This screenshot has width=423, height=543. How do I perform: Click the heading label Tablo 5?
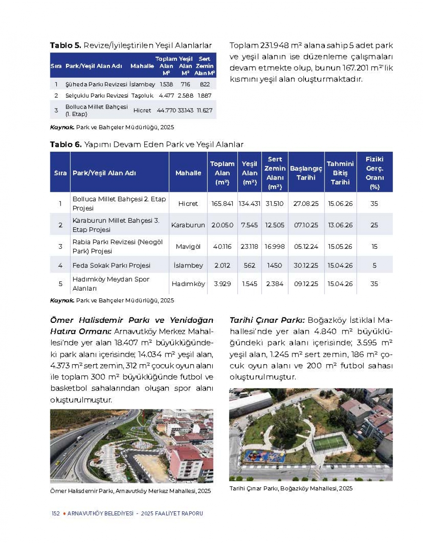(x=65, y=46)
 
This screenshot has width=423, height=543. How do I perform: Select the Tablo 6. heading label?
(x=66, y=145)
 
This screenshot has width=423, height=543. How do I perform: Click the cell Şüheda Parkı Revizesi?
(x=96, y=84)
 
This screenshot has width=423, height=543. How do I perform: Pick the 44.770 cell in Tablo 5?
(x=166, y=110)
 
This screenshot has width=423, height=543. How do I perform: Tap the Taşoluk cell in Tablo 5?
(x=142, y=96)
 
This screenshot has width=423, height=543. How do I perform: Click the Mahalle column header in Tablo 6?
(x=188, y=173)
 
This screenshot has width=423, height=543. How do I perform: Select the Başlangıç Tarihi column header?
(x=306, y=173)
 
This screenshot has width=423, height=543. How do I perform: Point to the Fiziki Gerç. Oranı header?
(x=374, y=172)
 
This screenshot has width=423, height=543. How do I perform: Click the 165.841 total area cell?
(x=222, y=204)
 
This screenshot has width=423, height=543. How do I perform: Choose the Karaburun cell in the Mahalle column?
(x=188, y=225)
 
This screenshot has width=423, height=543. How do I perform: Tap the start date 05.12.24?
(x=306, y=246)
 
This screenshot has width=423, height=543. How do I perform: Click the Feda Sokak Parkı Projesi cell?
(x=111, y=265)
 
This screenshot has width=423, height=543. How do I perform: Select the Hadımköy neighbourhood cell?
(x=188, y=284)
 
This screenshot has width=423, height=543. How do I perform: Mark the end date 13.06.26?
(x=340, y=225)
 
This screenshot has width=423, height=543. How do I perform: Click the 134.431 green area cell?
(x=250, y=204)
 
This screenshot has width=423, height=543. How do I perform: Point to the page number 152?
(x=55, y=513)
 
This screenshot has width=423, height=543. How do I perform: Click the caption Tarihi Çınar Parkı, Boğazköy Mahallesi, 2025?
(x=291, y=488)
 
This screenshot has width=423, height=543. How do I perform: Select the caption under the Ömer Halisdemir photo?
(x=130, y=491)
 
